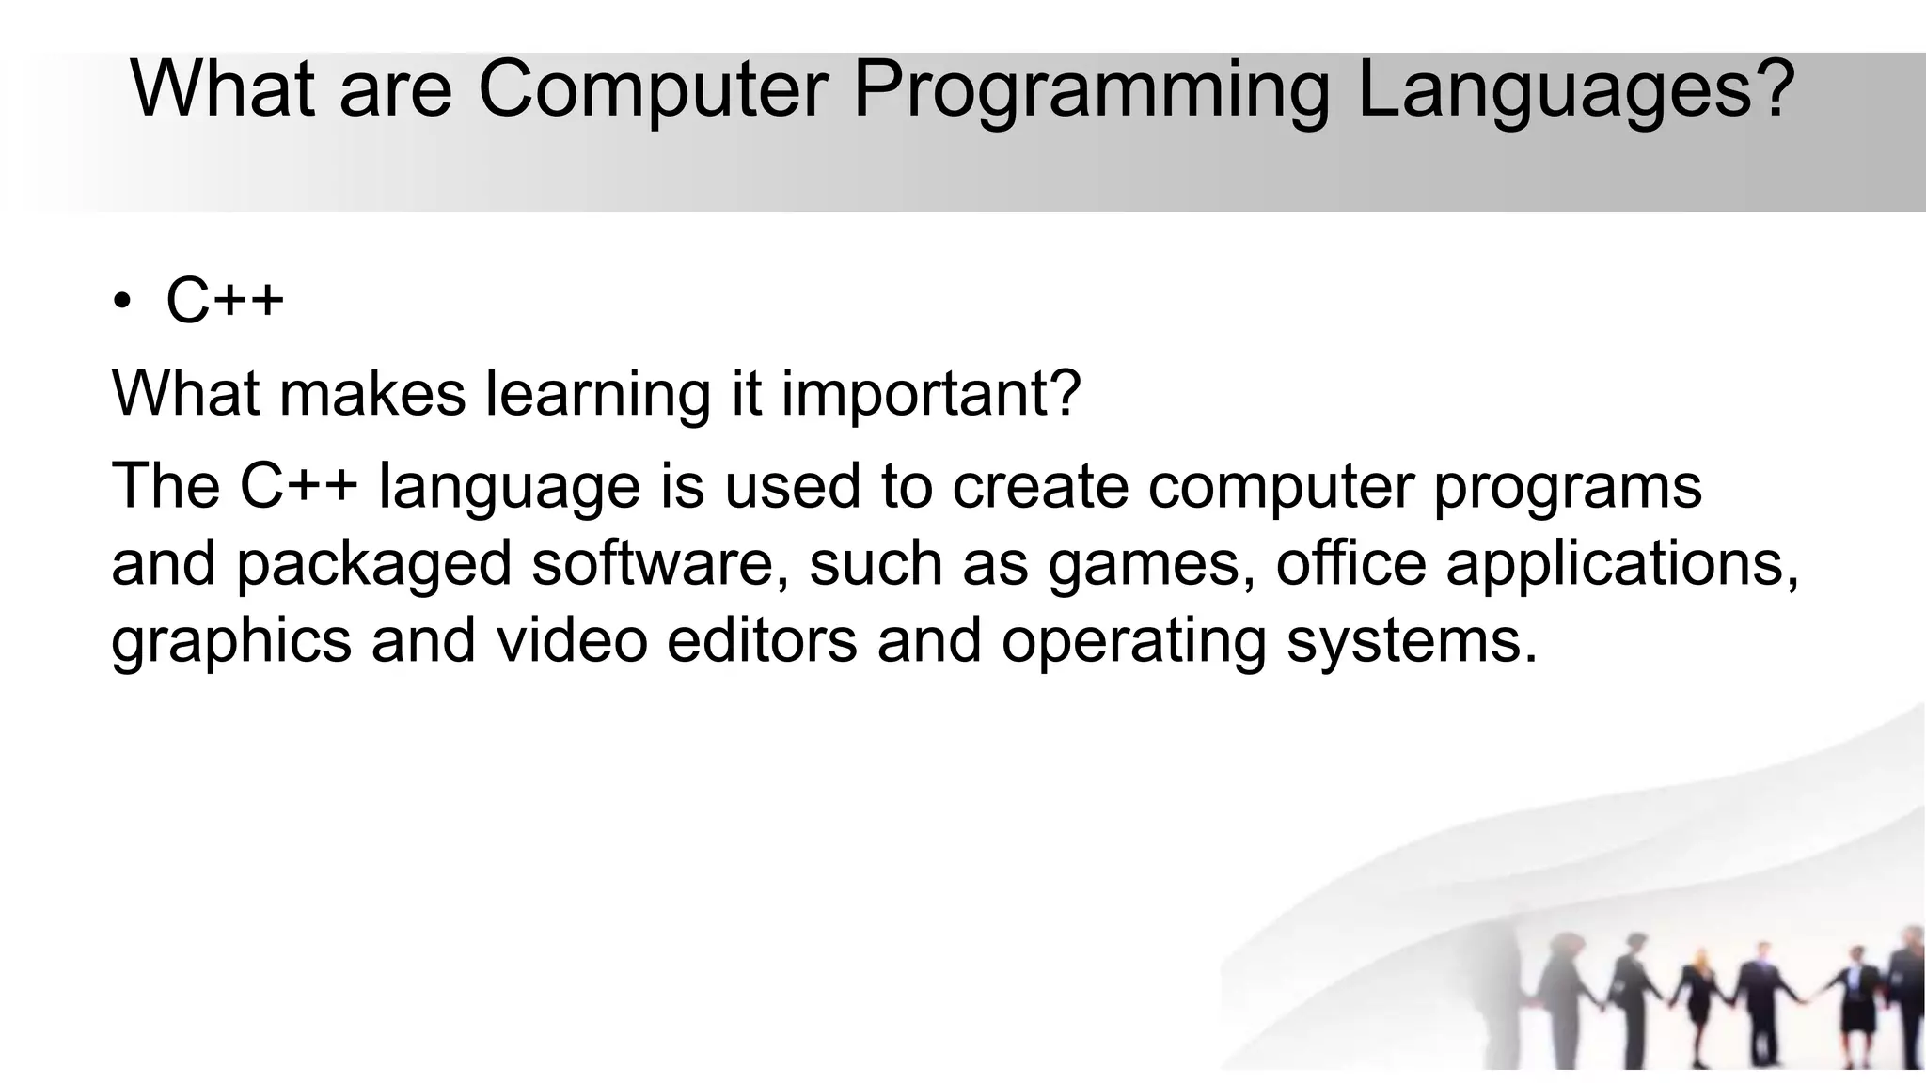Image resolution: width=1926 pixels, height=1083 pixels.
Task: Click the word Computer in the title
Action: [653, 89]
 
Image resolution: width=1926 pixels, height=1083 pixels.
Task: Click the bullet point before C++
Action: [121, 302]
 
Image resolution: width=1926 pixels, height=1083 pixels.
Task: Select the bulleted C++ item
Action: [225, 301]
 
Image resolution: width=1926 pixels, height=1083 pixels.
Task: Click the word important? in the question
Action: [931, 394]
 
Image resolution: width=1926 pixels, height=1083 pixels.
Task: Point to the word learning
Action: [598, 394]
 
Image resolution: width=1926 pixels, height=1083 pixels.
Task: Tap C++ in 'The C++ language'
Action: [299, 486]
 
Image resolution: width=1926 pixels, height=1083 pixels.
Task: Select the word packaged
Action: [373, 565]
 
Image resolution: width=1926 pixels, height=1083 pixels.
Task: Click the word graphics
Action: [231, 642]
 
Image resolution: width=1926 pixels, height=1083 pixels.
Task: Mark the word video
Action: [572, 640]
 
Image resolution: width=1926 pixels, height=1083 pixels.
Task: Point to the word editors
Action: [762, 640]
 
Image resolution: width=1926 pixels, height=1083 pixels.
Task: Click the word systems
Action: [1411, 642]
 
